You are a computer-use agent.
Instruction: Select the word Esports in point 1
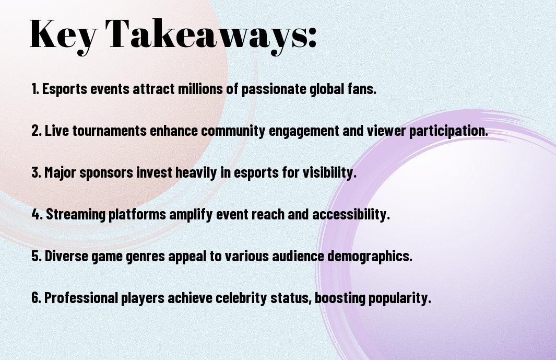tap(65, 89)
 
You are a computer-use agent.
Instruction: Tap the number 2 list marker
tap(36, 131)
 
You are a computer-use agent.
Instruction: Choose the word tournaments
tap(110, 131)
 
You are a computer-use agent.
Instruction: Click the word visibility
tap(329, 173)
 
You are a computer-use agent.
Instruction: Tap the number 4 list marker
tap(37, 214)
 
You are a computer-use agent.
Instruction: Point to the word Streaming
tap(76, 214)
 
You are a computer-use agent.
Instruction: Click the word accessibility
tap(351, 214)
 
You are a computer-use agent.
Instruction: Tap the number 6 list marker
tap(36, 297)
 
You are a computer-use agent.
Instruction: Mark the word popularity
tap(399, 298)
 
